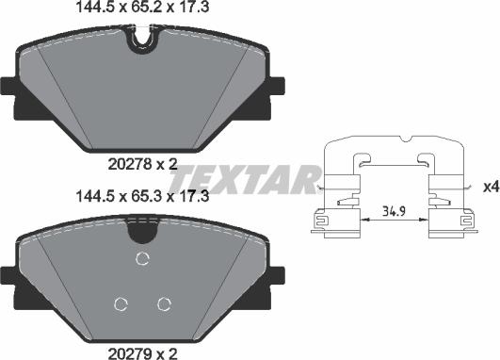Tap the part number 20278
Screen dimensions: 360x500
(128, 164)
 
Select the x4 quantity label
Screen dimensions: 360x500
(490, 188)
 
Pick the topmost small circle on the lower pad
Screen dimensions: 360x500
(142, 260)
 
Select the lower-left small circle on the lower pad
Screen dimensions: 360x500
(120, 303)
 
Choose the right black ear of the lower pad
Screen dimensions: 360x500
(278, 275)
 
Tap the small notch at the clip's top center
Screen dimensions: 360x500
(406, 141)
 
